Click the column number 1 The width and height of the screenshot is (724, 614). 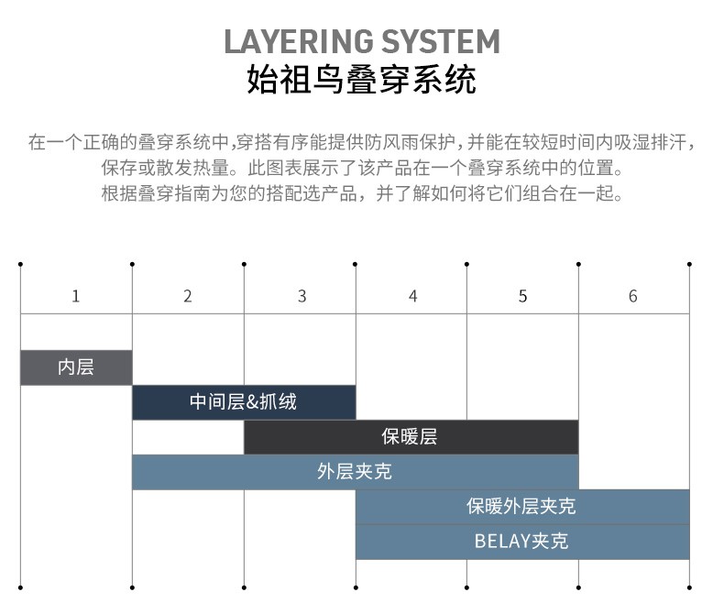tap(76, 296)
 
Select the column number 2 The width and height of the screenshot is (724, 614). tap(188, 296)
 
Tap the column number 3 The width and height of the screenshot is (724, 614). tap(302, 296)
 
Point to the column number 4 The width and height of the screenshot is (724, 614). tap(412, 296)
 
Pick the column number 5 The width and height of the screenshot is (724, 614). tap(522, 296)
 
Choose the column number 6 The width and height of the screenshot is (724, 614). tap(633, 296)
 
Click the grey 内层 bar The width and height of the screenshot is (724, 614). tap(76, 367)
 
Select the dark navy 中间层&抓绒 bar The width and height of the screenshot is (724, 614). tap(244, 402)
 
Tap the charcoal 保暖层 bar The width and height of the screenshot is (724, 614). tap(411, 437)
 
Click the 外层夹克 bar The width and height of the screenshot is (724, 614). tap(355, 472)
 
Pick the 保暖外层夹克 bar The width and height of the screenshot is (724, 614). tap(522, 507)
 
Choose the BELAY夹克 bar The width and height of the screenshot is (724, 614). tap(522, 542)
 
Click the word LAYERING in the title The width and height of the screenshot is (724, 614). tap(299, 41)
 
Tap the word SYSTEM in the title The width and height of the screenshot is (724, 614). tap(441, 41)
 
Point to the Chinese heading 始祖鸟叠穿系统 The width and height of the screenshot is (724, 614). tap(361, 80)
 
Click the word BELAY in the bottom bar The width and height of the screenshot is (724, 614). tap(502, 542)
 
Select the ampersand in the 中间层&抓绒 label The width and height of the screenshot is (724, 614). tap(252, 402)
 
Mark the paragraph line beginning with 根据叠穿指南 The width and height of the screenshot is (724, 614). tap(362, 193)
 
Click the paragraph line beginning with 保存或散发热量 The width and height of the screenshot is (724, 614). tap(362, 168)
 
